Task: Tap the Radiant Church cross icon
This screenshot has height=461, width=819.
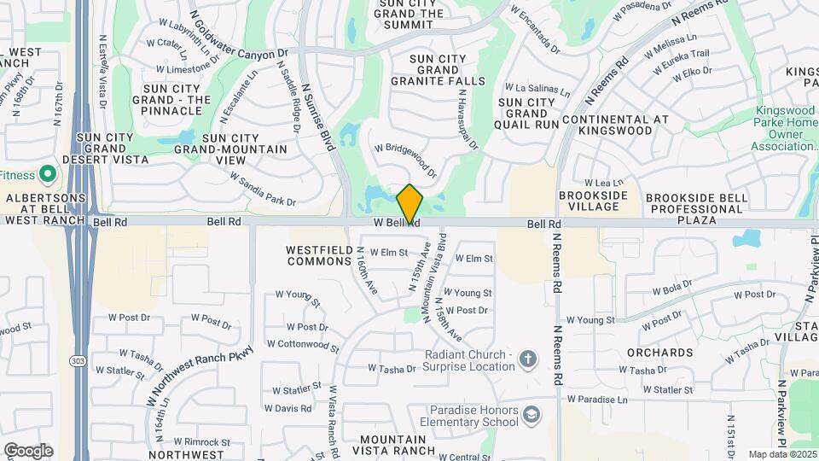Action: point(528,359)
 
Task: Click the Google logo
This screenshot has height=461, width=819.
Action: point(28,451)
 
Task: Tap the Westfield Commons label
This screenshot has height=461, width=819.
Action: point(318,254)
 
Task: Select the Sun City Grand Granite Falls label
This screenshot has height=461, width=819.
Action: point(437,69)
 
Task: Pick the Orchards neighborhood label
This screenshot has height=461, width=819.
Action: point(659,352)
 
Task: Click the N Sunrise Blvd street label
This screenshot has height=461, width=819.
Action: point(317,111)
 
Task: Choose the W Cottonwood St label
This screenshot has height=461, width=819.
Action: point(302,345)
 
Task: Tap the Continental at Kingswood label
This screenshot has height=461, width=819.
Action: point(616,125)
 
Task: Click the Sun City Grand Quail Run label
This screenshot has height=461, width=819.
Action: point(527,113)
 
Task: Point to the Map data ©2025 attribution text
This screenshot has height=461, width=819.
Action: point(781,454)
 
